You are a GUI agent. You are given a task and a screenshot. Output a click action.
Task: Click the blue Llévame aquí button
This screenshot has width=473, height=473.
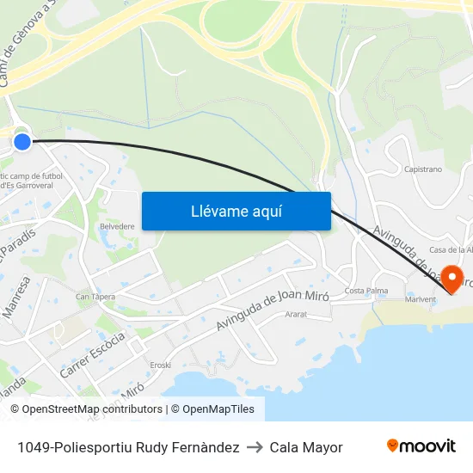point(236,211)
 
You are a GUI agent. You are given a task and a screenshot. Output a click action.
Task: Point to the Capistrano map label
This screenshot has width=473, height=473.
point(422,169)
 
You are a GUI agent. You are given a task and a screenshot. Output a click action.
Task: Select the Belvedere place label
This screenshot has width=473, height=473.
point(118,226)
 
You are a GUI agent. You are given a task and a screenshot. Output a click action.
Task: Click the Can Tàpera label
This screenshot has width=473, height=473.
point(95,297)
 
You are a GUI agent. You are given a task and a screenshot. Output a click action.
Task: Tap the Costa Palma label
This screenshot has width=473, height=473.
point(365,291)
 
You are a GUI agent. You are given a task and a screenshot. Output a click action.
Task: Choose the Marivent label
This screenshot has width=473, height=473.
point(421,299)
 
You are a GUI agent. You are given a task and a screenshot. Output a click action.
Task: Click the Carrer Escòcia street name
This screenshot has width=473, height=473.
point(93,355)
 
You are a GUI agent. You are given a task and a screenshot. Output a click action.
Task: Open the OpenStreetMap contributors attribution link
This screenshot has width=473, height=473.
point(92,409)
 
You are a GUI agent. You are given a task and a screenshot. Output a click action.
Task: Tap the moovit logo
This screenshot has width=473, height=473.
point(421,446)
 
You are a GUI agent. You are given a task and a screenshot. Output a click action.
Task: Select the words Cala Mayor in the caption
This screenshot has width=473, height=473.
point(306,447)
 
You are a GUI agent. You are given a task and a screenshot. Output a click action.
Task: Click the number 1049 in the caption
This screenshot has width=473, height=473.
point(32,447)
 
